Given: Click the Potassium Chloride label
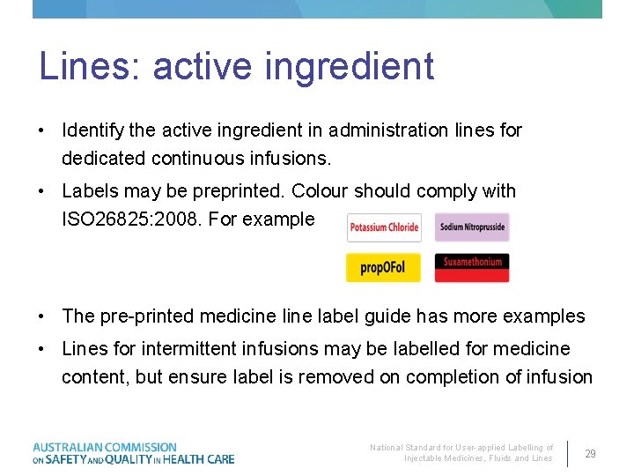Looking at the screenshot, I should [383, 227].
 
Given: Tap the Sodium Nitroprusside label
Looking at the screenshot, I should [472, 227].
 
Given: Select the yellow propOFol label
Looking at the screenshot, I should [383, 267].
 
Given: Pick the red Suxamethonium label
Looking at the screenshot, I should [472, 267].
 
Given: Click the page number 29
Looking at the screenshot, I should [590, 454].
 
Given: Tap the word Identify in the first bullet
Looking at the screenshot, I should [92, 130].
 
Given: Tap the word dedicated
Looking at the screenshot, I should [104, 160].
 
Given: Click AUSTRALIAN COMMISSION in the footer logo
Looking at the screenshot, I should [105, 447].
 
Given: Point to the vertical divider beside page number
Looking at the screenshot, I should [568, 453].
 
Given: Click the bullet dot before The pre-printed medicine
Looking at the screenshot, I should [42, 316].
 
